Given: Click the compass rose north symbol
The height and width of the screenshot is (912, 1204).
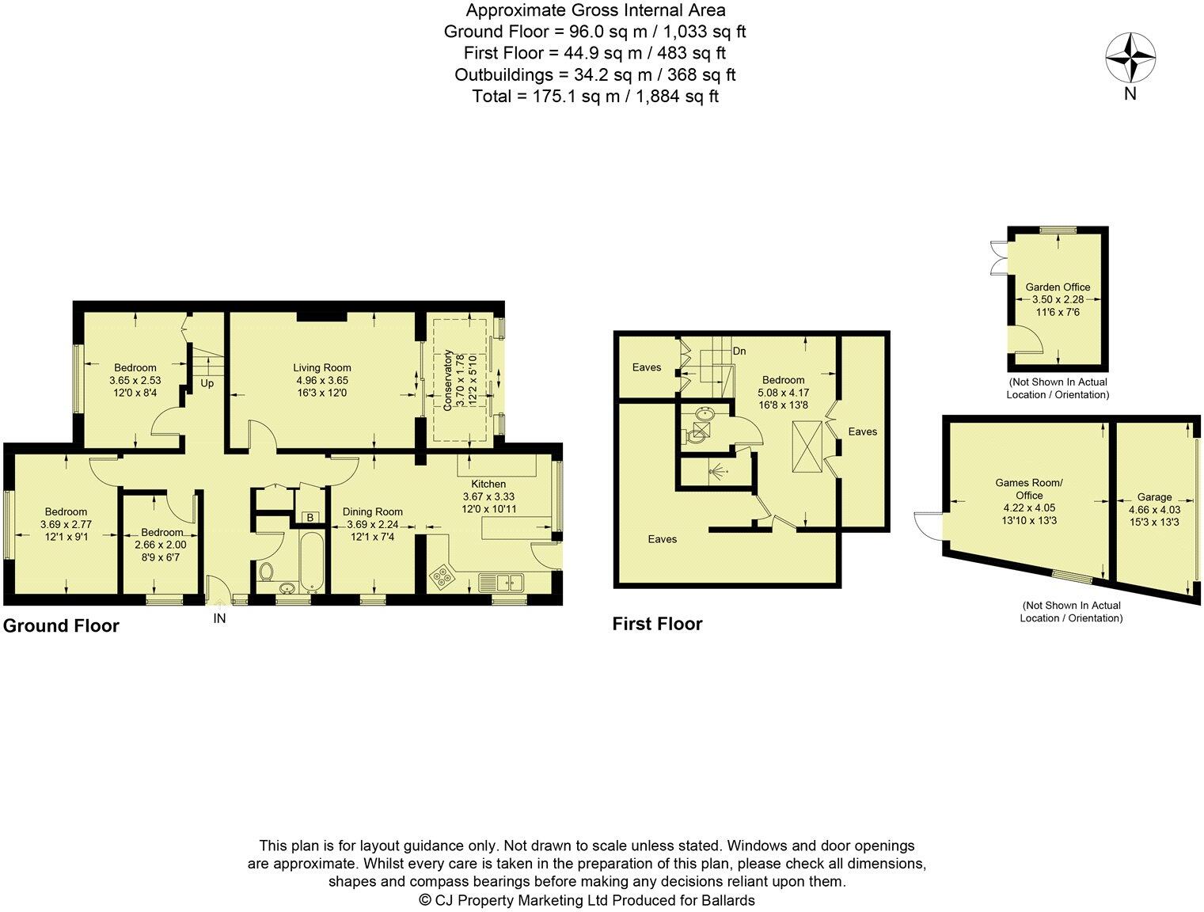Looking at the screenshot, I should point(1130,58).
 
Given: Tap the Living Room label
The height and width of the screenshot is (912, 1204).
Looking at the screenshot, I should point(321,367).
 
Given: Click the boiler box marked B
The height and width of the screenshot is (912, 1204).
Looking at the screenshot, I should point(310,518).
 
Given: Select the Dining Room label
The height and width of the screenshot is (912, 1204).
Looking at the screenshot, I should point(372,511).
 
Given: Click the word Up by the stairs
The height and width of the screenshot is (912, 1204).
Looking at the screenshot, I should point(207,383).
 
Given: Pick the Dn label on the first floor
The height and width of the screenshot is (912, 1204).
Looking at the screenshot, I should point(739,351).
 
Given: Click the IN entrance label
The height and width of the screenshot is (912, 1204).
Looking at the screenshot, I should point(219,618).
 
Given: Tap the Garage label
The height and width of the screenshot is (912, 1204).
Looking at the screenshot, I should point(1153,497).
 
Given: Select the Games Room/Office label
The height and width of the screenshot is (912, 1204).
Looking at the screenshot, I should point(1028,488).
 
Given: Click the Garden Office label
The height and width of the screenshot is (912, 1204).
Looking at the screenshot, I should point(1058,287).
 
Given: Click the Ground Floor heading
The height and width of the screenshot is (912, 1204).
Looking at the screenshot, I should point(61,625).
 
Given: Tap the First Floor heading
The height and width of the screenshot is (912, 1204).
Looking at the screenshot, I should point(657,624).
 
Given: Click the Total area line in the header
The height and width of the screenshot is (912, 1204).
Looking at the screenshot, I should point(594,97).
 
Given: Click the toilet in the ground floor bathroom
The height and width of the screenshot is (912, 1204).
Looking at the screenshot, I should point(268,569).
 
